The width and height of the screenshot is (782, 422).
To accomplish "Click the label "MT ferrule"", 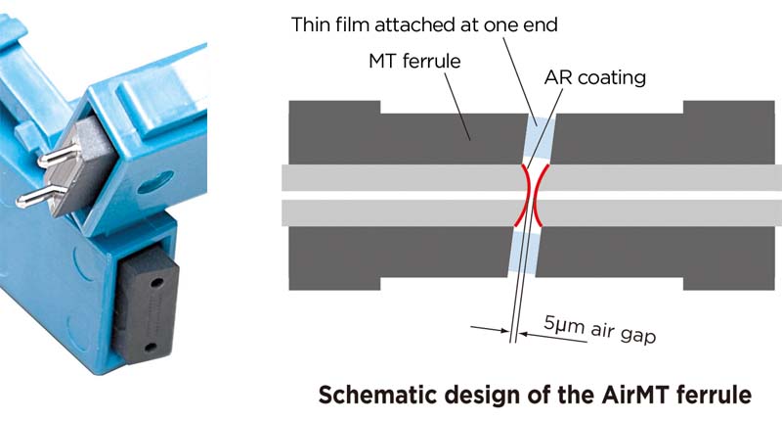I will (413, 62).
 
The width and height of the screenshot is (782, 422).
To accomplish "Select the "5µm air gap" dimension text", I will (598, 328).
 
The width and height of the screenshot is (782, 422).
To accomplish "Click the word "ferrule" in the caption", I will (717, 395).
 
